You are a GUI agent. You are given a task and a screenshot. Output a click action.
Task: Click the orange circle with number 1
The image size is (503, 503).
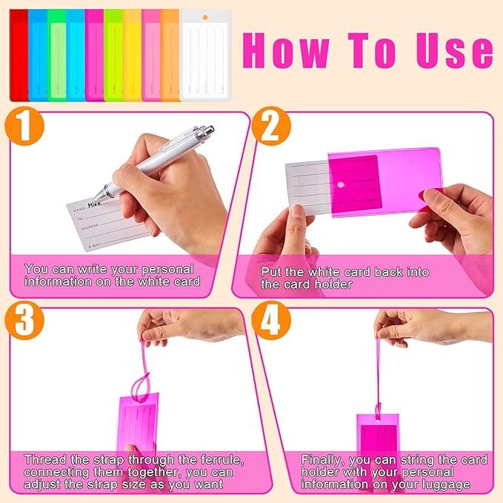pos(25,128)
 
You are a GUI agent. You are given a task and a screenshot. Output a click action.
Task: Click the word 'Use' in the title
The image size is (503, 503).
pos(452,50)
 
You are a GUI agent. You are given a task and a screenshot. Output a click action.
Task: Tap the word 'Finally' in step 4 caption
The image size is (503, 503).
pos(323,460)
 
